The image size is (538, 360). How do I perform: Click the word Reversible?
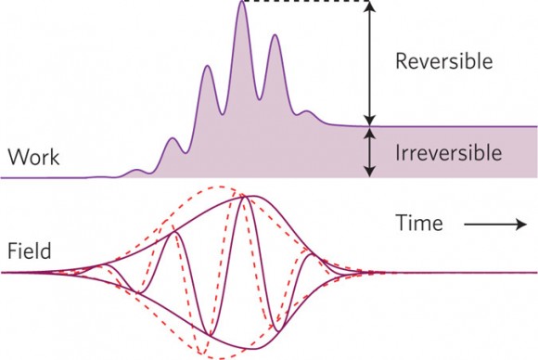tap(444, 61)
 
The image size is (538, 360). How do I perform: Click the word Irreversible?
tap(448, 153)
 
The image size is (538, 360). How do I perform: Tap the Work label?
tap(33, 157)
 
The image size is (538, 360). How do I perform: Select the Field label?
tap(30, 251)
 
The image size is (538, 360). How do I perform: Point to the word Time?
tap(419, 223)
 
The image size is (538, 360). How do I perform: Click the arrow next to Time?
tap(495, 225)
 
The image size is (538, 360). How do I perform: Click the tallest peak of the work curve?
tap(242, 2)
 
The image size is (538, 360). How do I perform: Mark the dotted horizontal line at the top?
tap(305, 1)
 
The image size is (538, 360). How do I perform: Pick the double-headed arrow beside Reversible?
tap(369, 64)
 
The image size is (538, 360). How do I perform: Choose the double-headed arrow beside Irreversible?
tap(369, 152)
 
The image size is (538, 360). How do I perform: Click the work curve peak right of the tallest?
tap(275, 35)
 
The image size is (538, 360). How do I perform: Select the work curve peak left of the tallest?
tap(207, 66)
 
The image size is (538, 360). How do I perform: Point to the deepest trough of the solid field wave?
tap(210, 334)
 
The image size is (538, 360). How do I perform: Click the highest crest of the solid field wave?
tap(244, 197)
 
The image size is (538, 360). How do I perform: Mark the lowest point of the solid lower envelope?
tap(254, 349)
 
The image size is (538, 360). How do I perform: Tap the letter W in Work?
tap(16, 157)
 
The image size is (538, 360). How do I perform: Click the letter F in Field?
tap(12, 251)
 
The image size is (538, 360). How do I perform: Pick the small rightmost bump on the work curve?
tap(307, 111)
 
